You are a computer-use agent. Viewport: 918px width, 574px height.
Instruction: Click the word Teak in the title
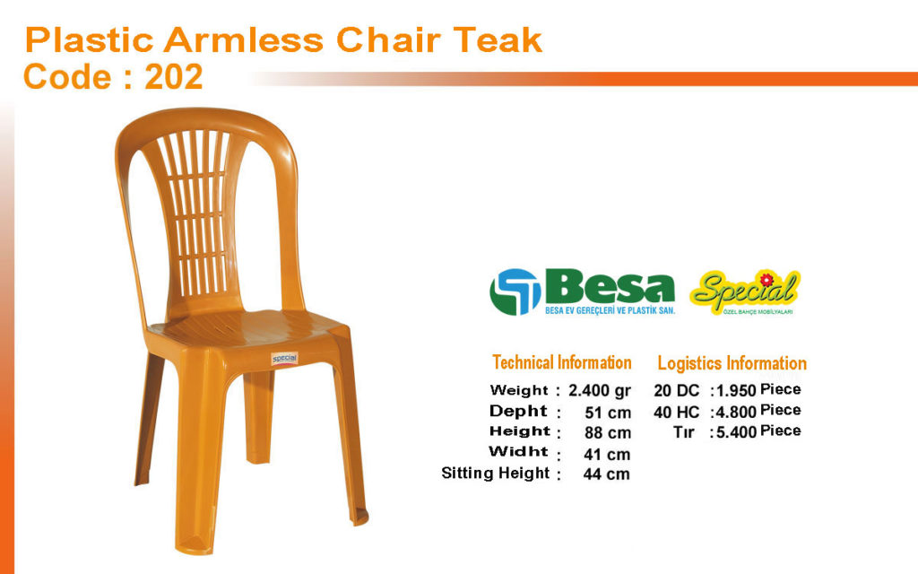tap(498, 39)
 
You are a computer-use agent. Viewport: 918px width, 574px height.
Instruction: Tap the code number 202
tap(174, 77)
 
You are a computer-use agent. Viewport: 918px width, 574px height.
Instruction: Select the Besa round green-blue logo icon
tap(515, 291)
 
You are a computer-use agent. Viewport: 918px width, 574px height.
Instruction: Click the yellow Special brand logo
tap(745, 291)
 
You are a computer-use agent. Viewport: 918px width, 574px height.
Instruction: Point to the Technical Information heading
tap(561, 362)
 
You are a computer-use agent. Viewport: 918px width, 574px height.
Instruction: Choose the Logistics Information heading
tap(732, 363)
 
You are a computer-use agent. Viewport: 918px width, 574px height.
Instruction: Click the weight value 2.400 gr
tap(600, 390)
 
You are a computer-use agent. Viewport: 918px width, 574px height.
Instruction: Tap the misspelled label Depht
tap(518, 411)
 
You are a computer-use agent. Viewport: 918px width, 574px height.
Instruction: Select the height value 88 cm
tap(608, 433)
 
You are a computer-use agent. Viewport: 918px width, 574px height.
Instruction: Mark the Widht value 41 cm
tap(607, 454)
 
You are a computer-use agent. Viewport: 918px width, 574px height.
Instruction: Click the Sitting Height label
tap(495, 474)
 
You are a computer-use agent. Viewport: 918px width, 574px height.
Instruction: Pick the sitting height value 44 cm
tap(607, 474)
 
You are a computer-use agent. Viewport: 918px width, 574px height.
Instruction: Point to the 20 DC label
tap(676, 391)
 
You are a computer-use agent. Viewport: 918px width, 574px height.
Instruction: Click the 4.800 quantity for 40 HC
tap(737, 412)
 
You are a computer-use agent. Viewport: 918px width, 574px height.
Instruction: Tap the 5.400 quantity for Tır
tap(737, 432)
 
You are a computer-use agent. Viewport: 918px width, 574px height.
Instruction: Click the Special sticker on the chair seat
tap(284, 359)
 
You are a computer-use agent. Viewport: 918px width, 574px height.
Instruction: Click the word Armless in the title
tap(244, 39)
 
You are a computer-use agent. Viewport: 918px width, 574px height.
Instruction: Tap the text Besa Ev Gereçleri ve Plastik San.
tap(610, 310)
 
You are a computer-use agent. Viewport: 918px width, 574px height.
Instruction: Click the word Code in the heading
tap(67, 77)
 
